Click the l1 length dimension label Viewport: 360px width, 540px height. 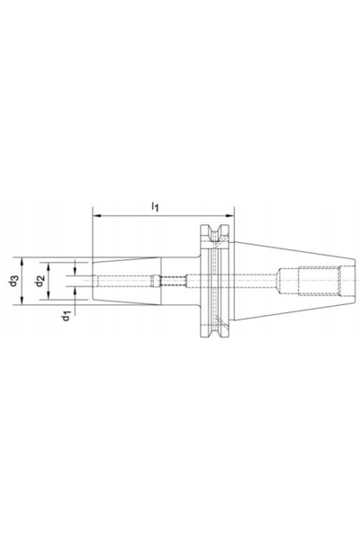point(155,207)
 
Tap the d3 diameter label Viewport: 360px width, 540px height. point(13,281)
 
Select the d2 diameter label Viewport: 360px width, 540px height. point(40,281)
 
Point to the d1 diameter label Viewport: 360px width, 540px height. point(66,316)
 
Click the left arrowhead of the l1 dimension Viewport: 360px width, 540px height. point(97,216)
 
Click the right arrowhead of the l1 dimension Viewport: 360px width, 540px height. point(229,216)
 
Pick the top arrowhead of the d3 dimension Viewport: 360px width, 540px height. point(22,261)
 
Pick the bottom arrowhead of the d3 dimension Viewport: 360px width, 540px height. point(22,301)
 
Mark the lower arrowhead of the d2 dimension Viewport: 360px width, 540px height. point(49,295)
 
